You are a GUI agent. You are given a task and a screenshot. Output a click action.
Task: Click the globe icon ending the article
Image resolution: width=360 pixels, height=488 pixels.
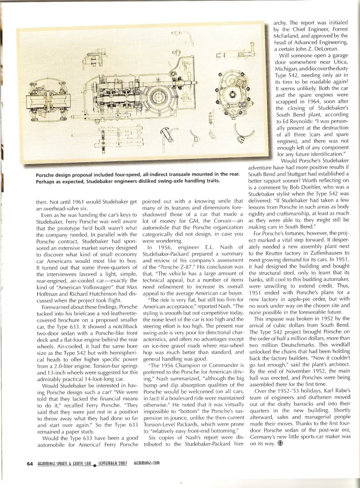pyautogui.click(x=280, y=442)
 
